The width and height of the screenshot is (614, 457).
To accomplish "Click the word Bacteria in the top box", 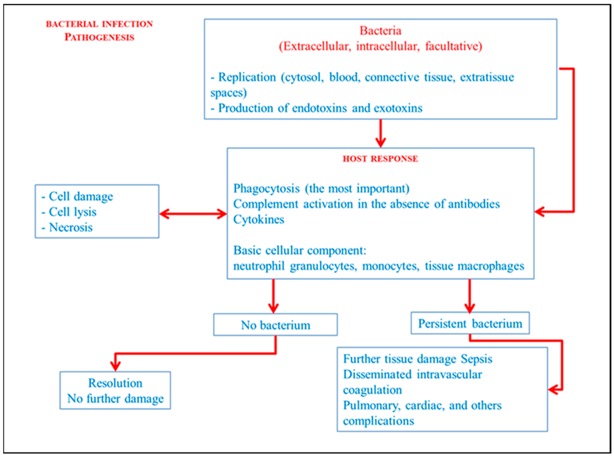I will (x=380, y=30).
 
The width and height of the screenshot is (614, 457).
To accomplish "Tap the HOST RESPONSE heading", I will (x=380, y=159).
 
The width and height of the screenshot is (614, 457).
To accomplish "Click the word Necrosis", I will (x=71, y=227).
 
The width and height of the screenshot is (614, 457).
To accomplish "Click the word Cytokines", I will (x=259, y=219).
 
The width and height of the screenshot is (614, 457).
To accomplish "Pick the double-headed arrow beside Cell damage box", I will (x=193, y=214).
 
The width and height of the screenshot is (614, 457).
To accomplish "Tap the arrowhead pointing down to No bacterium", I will (x=273, y=308).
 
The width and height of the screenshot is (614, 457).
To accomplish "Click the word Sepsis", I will (x=476, y=359).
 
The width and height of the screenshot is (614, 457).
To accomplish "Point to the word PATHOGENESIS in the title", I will (x=99, y=37).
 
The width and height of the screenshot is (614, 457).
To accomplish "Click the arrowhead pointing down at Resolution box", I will (x=115, y=366).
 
